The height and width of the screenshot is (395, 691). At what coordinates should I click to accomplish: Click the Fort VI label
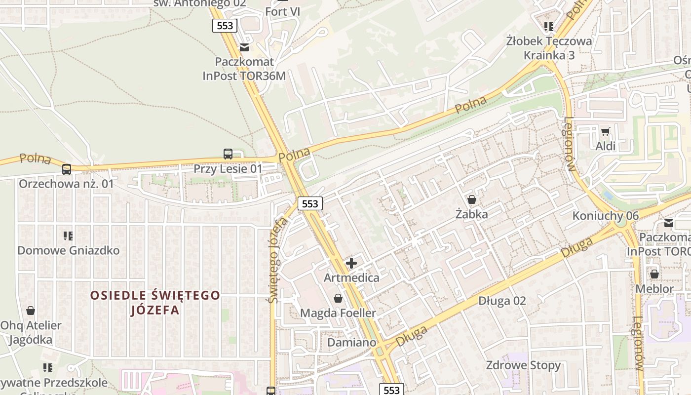pyautogui.click(x=283, y=11)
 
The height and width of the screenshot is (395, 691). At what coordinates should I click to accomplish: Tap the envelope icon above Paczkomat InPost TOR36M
pyautogui.click(x=244, y=47)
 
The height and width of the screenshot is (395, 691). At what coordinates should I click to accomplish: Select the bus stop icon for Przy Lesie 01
pyautogui.click(x=228, y=154)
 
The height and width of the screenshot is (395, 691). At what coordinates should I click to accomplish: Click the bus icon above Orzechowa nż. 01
pyautogui.click(x=67, y=169)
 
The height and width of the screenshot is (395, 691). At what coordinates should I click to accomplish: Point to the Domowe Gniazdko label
pyautogui.click(x=69, y=250)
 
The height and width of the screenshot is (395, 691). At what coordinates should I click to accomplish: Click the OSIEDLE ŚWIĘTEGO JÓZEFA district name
pyautogui.click(x=155, y=303)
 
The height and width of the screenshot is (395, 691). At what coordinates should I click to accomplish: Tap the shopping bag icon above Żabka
pyautogui.click(x=472, y=199)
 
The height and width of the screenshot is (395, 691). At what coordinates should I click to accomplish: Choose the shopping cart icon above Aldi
pyautogui.click(x=605, y=131)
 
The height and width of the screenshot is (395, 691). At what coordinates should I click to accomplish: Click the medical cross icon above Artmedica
pyautogui.click(x=351, y=263)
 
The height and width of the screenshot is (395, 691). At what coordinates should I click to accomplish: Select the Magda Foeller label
pyautogui.click(x=338, y=313)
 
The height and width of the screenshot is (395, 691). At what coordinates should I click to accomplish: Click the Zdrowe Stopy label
pyautogui.click(x=523, y=365)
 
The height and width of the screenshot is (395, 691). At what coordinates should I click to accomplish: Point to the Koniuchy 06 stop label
pyautogui.click(x=605, y=216)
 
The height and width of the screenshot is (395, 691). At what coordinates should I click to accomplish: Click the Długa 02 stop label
pyautogui.click(x=502, y=301)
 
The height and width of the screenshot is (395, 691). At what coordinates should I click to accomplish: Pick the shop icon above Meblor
pyautogui.click(x=654, y=274)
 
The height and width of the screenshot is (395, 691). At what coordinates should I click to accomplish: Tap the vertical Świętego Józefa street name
pyautogui.click(x=278, y=260)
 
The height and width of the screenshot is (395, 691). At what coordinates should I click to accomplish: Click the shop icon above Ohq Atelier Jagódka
pyautogui.click(x=31, y=311)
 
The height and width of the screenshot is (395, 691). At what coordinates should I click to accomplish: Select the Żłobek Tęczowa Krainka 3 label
pyautogui.click(x=549, y=48)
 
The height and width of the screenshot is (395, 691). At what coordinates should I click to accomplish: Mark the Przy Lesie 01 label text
pyautogui.click(x=228, y=168)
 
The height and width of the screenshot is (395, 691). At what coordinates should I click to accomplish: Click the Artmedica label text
pyautogui.click(x=351, y=277)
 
